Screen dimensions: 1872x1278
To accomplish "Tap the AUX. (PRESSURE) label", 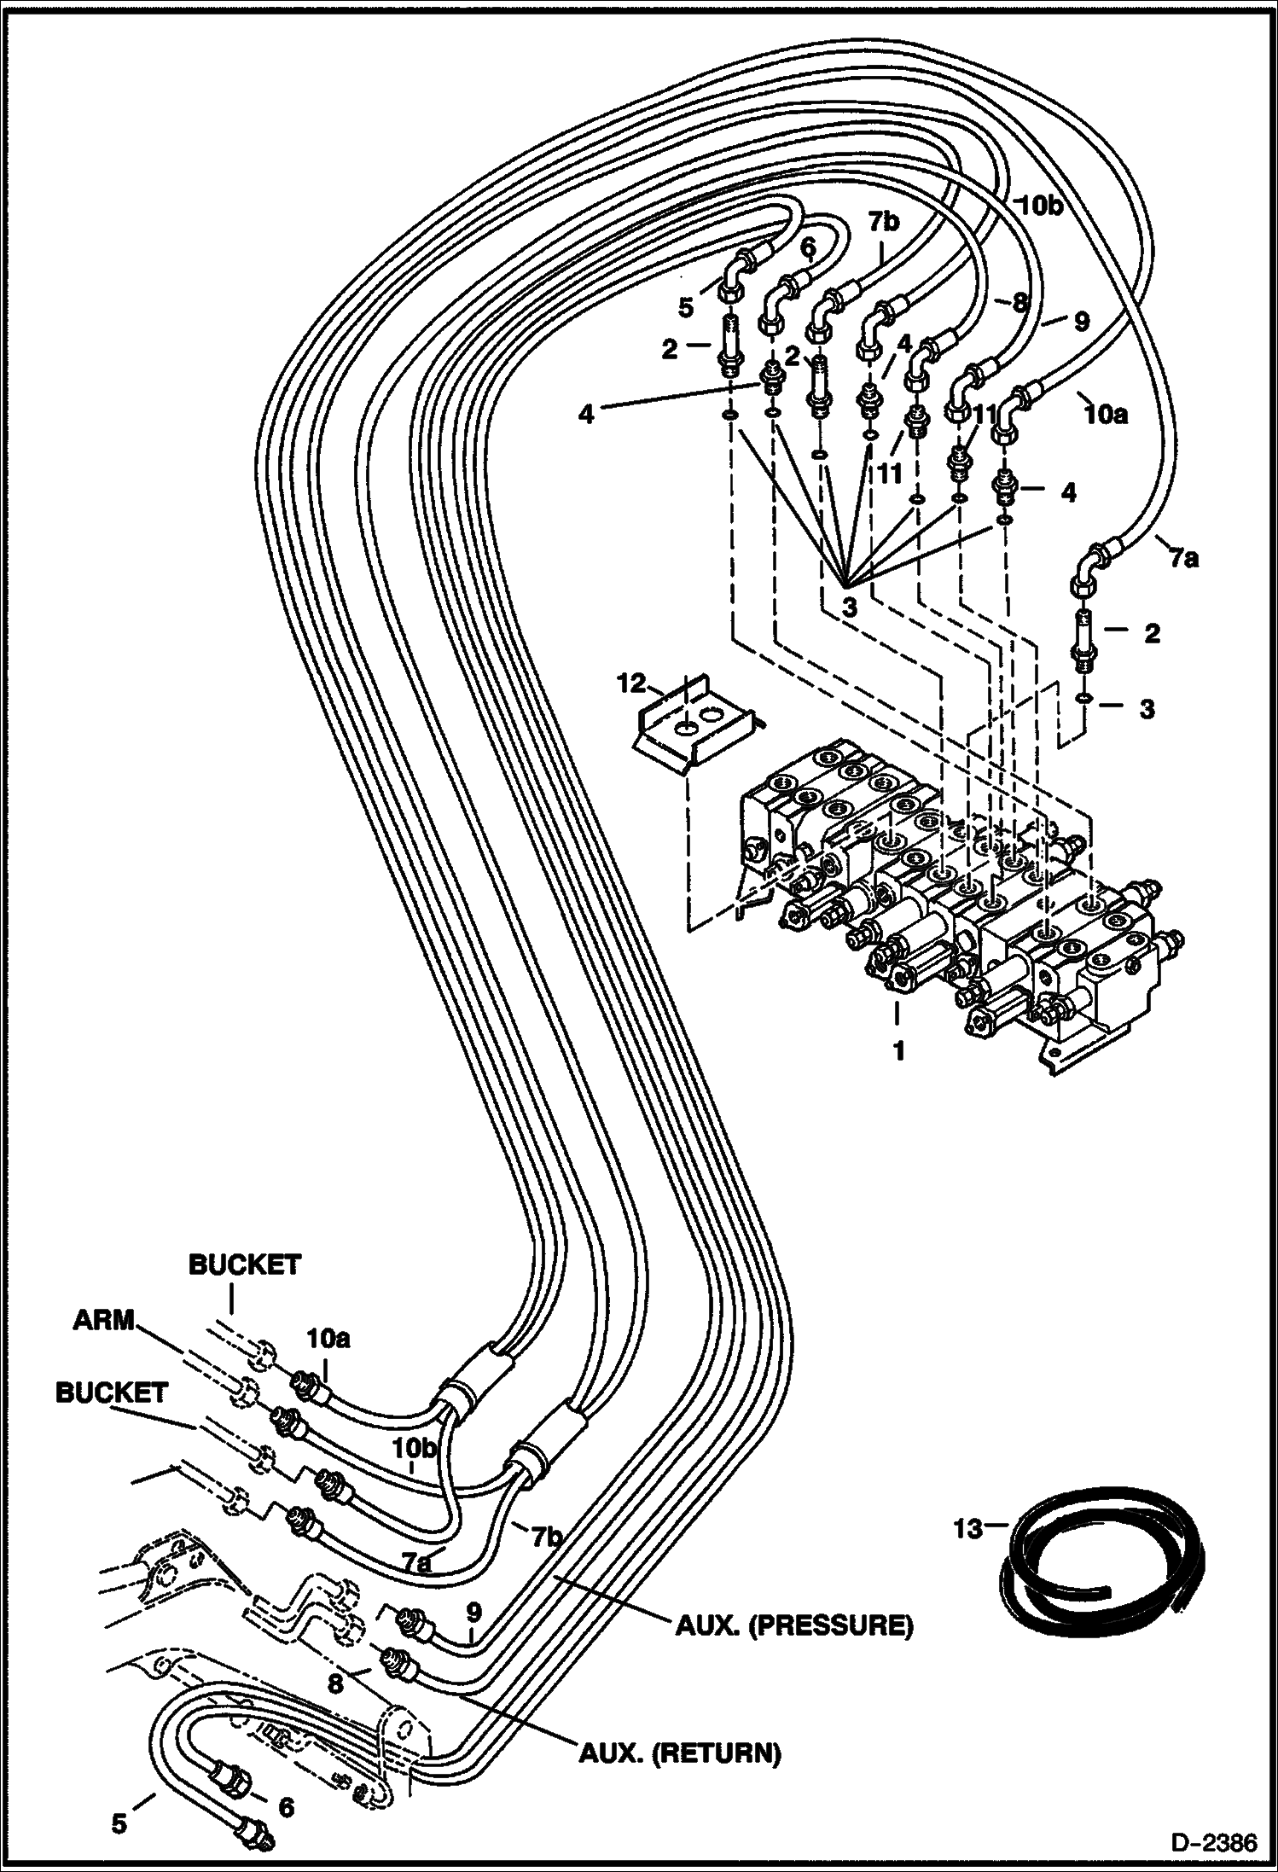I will point(793,1626).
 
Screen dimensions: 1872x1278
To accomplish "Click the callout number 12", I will point(632,683).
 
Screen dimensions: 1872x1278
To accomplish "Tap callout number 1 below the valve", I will point(898,1051).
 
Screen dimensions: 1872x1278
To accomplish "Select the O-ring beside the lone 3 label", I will point(1082,699).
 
